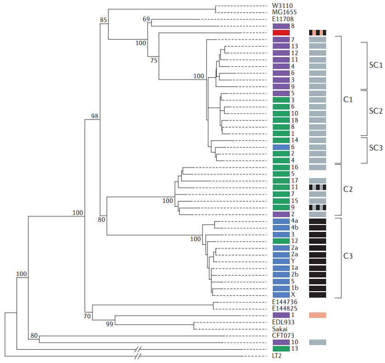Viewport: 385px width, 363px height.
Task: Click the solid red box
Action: tap(281, 33)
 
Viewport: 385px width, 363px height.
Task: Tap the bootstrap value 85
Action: tap(103, 20)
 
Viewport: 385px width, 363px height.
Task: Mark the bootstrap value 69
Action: tap(146, 18)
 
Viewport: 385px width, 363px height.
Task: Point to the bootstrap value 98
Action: tap(95, 116)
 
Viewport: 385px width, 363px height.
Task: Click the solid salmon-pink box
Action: tap(317, 315)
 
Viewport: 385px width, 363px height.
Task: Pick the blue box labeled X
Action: tap(281, 294)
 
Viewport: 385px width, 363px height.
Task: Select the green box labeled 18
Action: tap(281, 120)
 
